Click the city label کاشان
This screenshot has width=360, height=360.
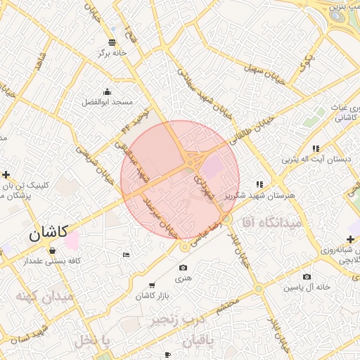coord(48,233)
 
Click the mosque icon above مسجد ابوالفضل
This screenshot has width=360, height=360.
coord(107,91)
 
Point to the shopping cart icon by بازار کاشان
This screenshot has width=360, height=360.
coord(152,285)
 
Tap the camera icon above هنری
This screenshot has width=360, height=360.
coord(183,267)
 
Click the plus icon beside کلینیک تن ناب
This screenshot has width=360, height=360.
coord(6,174)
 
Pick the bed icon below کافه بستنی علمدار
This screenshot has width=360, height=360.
coord(126,254)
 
